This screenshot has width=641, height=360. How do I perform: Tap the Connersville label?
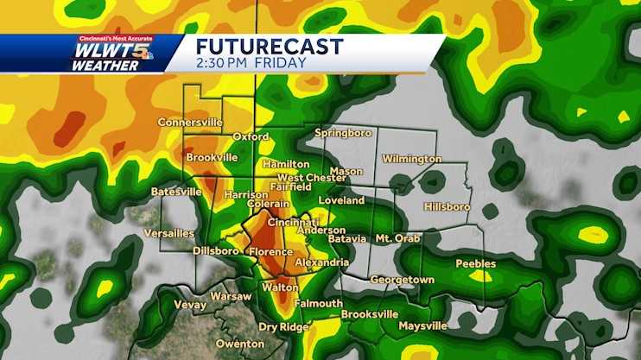coord(190,123)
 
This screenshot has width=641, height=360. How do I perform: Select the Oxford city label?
coord(251,136)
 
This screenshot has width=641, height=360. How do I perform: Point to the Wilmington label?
coord(411,159)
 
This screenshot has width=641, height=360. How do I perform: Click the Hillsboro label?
coord(447,207)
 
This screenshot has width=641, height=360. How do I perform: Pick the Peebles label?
coord(475,263)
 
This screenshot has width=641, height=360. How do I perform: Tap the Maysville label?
coord(422,326)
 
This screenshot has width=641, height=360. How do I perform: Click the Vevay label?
coord(189,305)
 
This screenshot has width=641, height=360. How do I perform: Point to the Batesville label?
coord(175,191)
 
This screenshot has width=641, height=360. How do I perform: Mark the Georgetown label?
coord(402,280)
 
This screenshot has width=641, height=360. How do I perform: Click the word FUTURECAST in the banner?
coord(270,47)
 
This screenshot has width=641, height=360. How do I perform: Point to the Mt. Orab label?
coord(397,237)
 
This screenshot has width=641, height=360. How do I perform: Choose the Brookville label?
coord(212,158)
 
